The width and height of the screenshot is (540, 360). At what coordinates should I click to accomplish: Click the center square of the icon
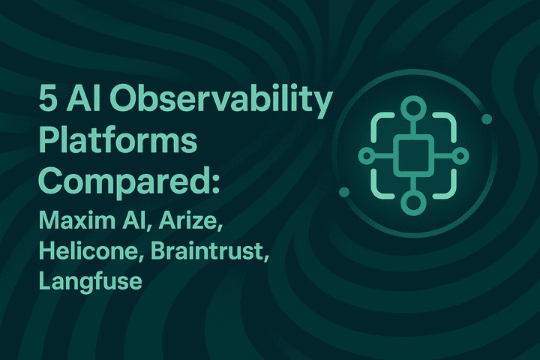412,154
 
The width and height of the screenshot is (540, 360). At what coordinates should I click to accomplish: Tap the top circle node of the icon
412,107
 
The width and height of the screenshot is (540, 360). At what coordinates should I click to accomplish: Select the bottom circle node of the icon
412,202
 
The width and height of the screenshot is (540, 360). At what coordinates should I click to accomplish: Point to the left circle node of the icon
365,155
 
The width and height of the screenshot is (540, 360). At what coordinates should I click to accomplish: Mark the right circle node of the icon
458,155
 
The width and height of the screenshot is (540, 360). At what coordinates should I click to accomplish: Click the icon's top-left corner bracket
382,125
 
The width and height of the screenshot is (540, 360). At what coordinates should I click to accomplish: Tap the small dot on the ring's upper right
486,118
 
